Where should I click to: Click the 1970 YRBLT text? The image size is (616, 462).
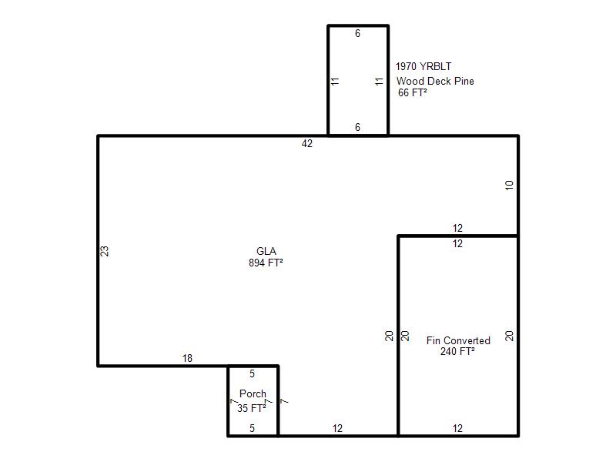tap(423, 66)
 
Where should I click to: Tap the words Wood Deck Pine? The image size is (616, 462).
tap(435, 81)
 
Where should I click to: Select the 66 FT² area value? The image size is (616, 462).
tap(413, 92)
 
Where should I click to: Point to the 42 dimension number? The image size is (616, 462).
tap(306, 144)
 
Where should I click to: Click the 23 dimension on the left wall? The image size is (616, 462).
tap(105, 251)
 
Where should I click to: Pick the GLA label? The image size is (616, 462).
tap(266, 251)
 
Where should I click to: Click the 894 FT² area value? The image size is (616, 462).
tap(266, 263)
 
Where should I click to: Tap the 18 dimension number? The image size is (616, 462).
tap(187, 358)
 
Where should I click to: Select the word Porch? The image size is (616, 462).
tap(253, 393)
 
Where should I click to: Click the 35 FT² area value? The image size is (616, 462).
tap(252, 408)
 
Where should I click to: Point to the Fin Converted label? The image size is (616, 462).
tap(458, 340)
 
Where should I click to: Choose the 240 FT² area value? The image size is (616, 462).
tap(457, 351)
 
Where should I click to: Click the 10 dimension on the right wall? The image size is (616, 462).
tap(509, 185)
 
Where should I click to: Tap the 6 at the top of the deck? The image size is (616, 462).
tap(357, 33)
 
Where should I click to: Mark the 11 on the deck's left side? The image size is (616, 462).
tap(335, 82)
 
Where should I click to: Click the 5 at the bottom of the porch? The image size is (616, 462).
tap(253, 428)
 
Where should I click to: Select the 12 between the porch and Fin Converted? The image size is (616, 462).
tap(337, 428)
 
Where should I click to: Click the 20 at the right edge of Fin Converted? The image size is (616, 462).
tap(509, 336)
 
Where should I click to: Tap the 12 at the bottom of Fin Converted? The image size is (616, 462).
tap(457, 428)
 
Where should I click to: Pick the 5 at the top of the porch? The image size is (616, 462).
tap(253, 373)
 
